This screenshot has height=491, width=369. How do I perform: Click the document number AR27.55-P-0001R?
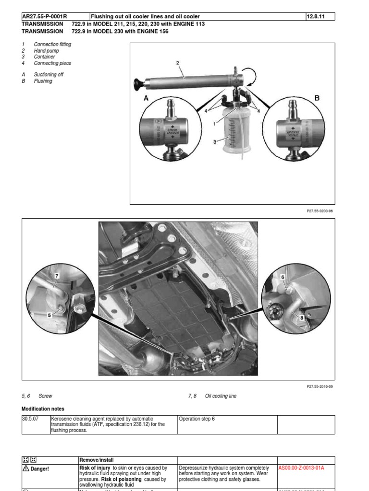45,17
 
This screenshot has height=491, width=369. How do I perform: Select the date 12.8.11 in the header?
316,17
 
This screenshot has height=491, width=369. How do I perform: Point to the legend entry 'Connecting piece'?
52,63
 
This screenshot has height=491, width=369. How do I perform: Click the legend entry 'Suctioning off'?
49,75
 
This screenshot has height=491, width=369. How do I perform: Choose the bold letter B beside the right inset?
316,98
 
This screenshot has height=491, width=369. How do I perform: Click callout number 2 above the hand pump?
178,63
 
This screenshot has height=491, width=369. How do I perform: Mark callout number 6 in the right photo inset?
283,277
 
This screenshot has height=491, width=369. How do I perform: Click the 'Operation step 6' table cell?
197,419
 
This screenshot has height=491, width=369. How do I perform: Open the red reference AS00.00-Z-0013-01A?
301,468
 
